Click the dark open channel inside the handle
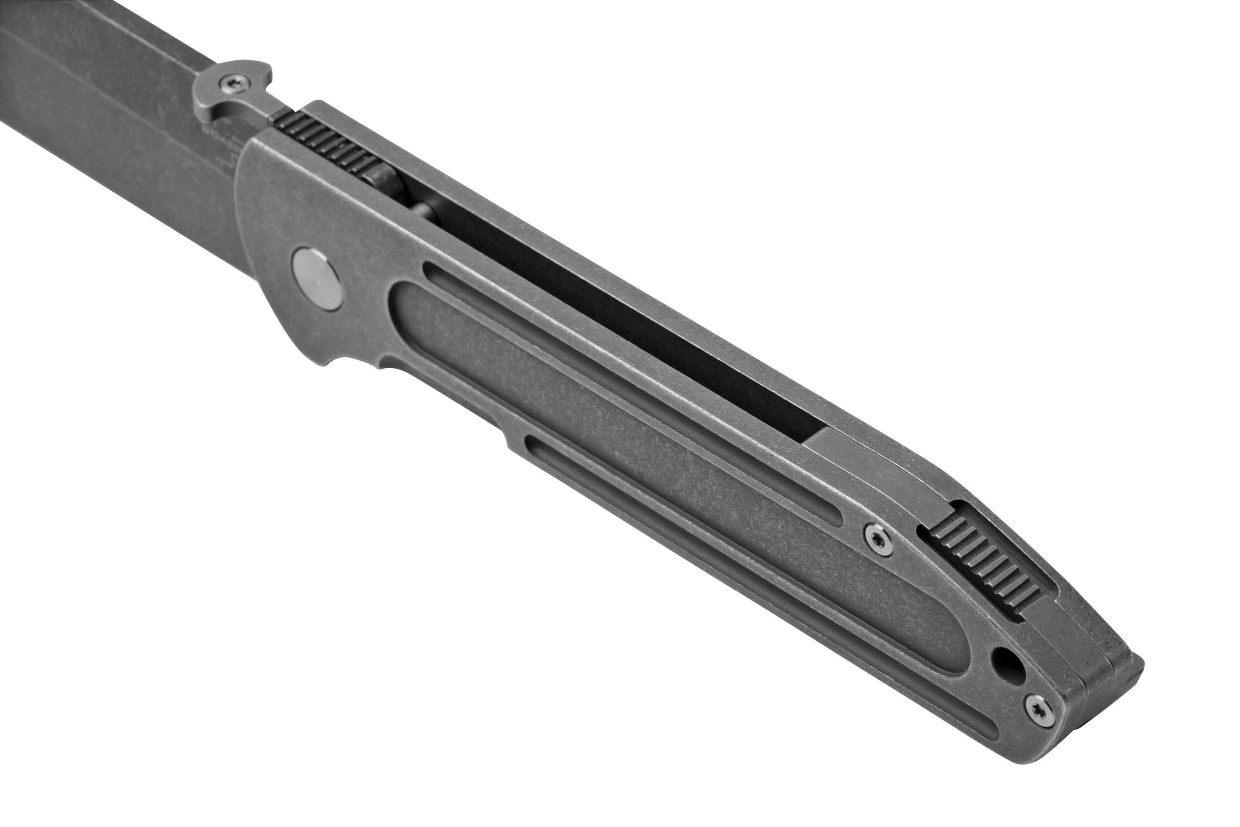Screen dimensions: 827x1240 click(633, 316)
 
